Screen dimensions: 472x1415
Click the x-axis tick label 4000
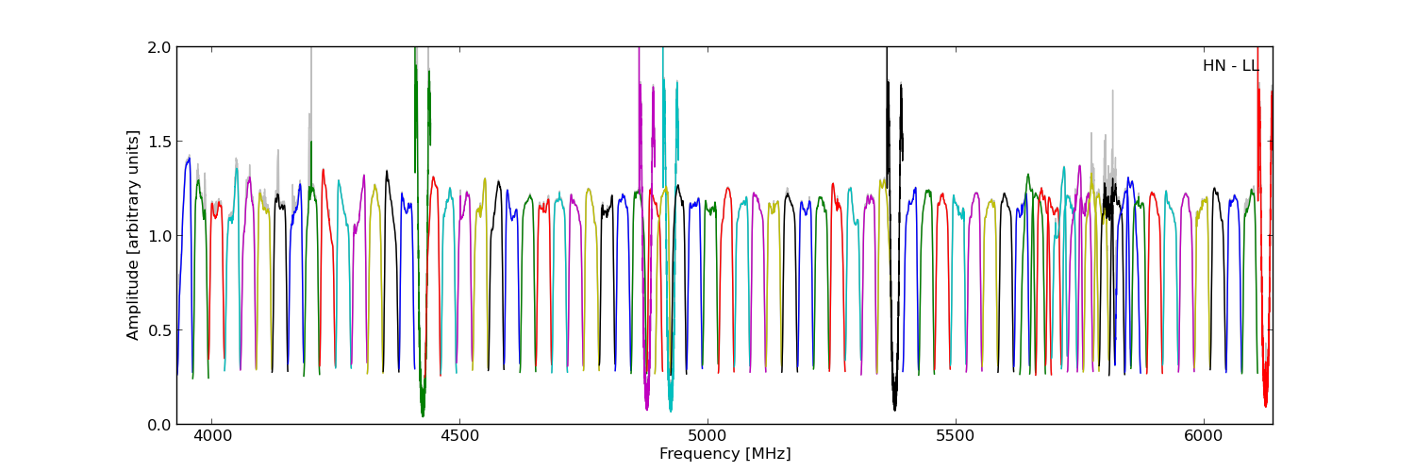(x=210, y=437)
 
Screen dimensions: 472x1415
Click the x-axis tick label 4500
(x=458, y=437)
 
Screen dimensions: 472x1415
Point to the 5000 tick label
(x=707, y=437)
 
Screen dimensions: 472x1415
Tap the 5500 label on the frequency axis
(x=955, y=437)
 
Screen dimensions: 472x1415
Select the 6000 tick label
(x=1203, y=437)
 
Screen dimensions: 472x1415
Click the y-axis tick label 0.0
(x=159, y=425)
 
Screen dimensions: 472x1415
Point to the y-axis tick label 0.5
(x=159, y=330)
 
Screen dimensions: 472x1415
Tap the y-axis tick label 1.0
(x=159, y=236)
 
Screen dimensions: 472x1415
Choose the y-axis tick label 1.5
(x=159, y=142)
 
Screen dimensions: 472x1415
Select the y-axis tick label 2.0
(x=159, y=47)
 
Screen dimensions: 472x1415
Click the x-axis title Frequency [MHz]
(x=724, y=454)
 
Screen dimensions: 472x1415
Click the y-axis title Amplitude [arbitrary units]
(x=134, y=235)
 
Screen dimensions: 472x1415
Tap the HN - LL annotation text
(x=1230, y=66)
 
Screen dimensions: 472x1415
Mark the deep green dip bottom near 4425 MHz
(x=423, y=413)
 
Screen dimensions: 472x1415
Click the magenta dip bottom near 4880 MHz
(x=646, y=407)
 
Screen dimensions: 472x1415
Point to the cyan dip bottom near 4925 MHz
(x=671, y=409)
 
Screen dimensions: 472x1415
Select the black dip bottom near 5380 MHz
(x=894, y=407)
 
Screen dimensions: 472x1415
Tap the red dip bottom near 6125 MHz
(x=1265, y=404)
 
